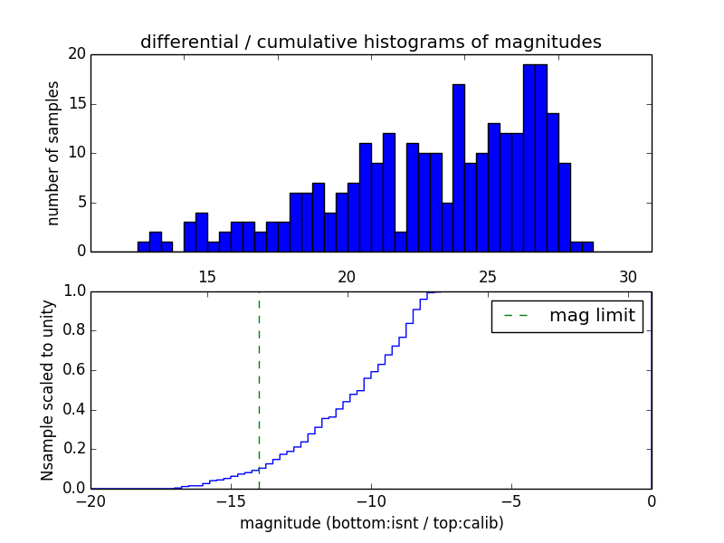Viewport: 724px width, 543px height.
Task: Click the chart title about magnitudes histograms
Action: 370,42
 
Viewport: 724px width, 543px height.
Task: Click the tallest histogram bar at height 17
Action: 459,167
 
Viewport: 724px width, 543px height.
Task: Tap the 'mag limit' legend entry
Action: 567,316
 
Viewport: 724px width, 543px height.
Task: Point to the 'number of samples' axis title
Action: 53,153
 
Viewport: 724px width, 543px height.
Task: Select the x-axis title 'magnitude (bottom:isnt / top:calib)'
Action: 371,523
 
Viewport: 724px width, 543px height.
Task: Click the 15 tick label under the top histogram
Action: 206,277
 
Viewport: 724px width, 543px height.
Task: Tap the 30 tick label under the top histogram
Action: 628,277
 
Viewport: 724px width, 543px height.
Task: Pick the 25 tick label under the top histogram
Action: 488,277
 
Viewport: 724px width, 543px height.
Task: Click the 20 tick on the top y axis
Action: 76,54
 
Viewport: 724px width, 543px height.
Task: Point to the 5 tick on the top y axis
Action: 81,203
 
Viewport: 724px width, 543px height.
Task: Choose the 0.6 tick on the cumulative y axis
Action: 73,370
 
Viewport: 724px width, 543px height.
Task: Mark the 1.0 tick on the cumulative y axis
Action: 73,291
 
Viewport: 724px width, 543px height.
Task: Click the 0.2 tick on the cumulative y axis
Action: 73,449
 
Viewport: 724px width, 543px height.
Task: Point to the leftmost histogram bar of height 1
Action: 143,246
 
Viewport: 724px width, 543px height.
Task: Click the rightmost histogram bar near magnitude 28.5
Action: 587,246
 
